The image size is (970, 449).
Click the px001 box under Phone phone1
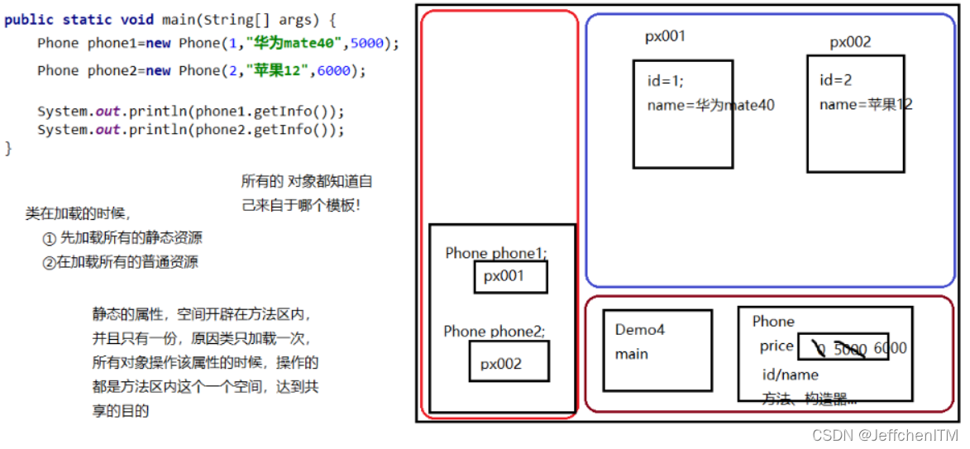click(x=510, y=277)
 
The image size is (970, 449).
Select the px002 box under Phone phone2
click(x=509, y=363)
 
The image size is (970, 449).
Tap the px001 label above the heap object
click(x=665, y=37)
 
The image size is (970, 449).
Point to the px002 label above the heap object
click(x=850, y=43)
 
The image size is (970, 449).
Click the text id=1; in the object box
click(x=666, y=81)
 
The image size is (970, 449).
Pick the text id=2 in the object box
click(x=835, y=80)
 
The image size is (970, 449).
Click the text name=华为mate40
click(x=710, y=105)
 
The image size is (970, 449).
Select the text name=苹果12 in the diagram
click(x=865, y=104)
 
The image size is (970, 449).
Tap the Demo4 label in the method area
click(x=639, y=330)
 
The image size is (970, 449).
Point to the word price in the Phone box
click(x=776, y=346)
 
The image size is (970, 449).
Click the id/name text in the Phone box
click(x=790, y=375)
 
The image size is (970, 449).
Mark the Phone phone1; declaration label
click(x=496, y=253)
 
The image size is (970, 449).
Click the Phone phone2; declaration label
click(x=495, y=332)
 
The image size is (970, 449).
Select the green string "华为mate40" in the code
click(x=294, y=43)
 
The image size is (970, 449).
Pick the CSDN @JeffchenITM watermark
click(x=885, y=435)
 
